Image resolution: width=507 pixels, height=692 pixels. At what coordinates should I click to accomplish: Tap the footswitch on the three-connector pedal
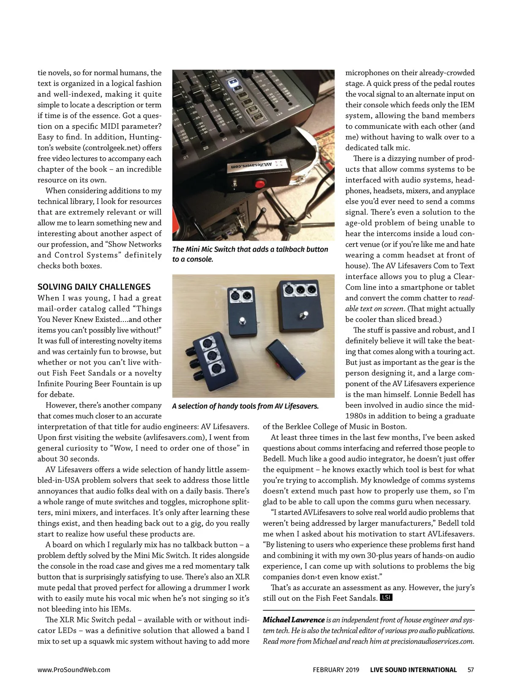pos(303,315)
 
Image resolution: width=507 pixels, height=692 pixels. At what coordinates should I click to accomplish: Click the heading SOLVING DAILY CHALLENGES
pos(94,287)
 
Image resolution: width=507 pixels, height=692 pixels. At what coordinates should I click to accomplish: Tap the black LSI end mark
pos(386,597)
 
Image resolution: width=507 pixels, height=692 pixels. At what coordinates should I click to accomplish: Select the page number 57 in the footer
pos(471,670)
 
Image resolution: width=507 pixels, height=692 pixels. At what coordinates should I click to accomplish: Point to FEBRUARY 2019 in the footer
pos(336,670)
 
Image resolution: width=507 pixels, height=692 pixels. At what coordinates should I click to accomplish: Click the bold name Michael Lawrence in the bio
pos(294,620)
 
